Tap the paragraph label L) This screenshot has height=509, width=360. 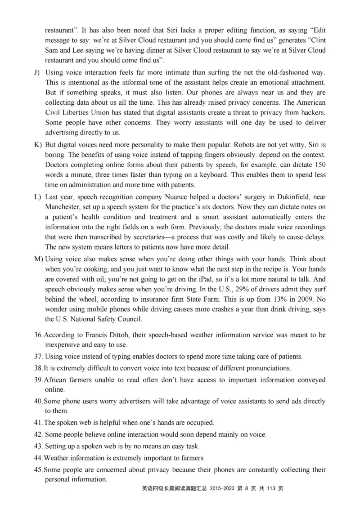(37, 197)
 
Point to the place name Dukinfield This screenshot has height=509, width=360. (293, 197)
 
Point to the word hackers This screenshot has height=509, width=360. (311, 112)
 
